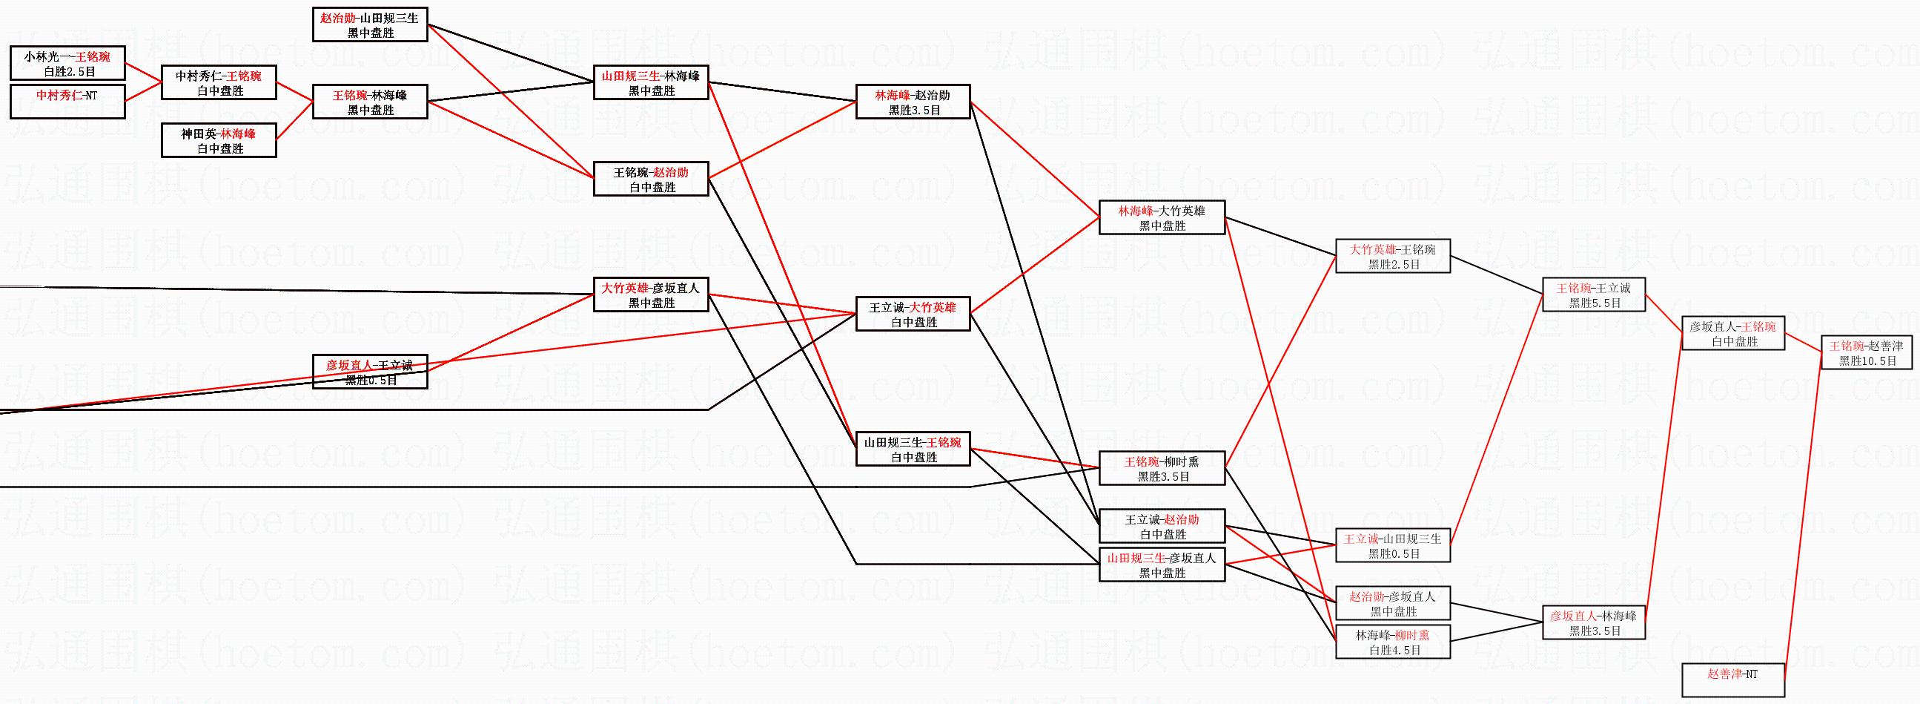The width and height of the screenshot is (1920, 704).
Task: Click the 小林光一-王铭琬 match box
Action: click(x=67, y=63)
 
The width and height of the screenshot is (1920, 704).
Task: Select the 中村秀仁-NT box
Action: click(x=67, y=102)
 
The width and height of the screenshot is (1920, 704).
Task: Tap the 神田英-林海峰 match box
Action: click(x=219, y=141)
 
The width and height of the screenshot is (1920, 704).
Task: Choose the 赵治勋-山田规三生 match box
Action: click(x=370, y=24)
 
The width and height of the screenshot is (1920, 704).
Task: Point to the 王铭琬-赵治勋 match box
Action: click(x=651, y=180)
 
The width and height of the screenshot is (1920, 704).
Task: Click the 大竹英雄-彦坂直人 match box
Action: click(x=651, y=295)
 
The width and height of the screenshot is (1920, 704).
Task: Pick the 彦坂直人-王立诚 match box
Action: click(x=370, y=372)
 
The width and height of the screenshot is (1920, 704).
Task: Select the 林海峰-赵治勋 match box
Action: click(x=913, y=102)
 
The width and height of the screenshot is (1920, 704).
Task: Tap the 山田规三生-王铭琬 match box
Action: click(x=913, y=450)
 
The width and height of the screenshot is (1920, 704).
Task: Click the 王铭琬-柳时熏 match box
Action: click(x=1162, y=469)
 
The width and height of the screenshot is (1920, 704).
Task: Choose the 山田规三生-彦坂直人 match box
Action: click(x=1162, y=565)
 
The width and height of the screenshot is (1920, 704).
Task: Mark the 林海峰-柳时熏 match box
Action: click(x=1392, y=642)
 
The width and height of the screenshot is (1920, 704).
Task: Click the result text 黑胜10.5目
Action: click(x=1867, y=361)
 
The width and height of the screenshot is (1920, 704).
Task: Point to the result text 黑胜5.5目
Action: click(x=1595, y=303)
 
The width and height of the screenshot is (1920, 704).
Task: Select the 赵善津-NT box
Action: click(x=1733, y=680)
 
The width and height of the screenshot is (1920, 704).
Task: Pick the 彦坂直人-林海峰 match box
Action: click(x=1594, y=622)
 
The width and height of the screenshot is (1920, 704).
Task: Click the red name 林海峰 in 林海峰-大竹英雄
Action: click(x=1135, y=211)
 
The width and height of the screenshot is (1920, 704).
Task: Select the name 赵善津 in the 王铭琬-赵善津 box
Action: click(x=1885, y=346)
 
